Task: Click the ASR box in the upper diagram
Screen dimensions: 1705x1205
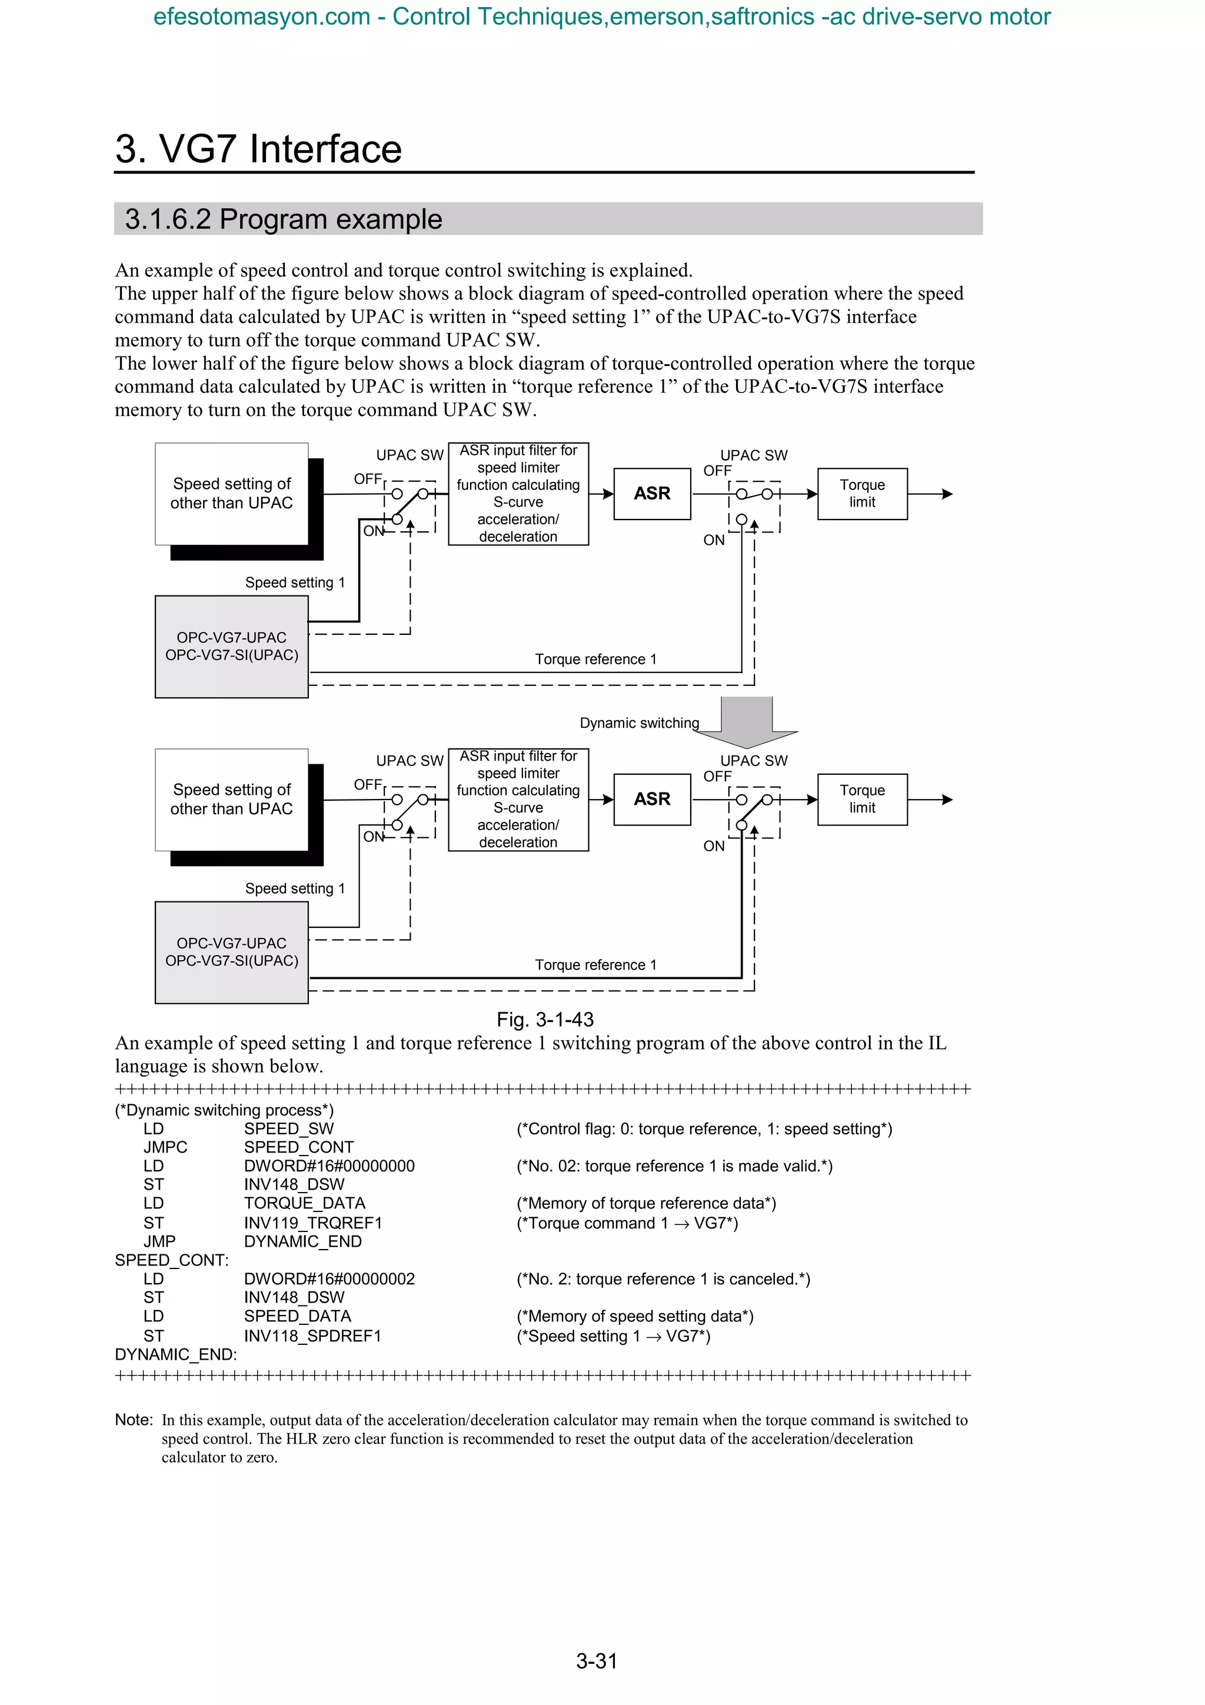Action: (652, 494)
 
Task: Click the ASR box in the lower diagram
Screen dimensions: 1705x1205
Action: (652, 799)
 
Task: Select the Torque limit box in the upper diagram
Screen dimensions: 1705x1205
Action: (862, 494)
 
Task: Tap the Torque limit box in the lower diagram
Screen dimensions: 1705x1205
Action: (862, 799)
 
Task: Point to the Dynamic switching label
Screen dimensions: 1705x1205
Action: (639, 722)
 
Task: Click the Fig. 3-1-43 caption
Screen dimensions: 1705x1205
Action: (545, 1019)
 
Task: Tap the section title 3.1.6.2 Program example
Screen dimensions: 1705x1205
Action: (283, 219)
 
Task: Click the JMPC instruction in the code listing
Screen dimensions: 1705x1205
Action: (165, 1147)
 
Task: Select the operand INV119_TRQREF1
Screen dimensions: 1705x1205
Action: (312, 1223)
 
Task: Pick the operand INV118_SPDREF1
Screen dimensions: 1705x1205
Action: (312, 1336)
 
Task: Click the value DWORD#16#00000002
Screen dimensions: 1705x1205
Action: (329, 1279)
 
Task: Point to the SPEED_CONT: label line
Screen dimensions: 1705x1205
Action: (171, 1260)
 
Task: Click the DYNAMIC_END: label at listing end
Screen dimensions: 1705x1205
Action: (176, 1354)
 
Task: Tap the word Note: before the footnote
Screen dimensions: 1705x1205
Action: (134, 1420)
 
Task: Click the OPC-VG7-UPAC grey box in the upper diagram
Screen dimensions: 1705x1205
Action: (232, 647)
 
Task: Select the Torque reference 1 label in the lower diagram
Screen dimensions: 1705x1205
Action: (595, 965)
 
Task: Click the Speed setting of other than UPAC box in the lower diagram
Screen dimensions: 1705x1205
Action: (232, 799)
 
